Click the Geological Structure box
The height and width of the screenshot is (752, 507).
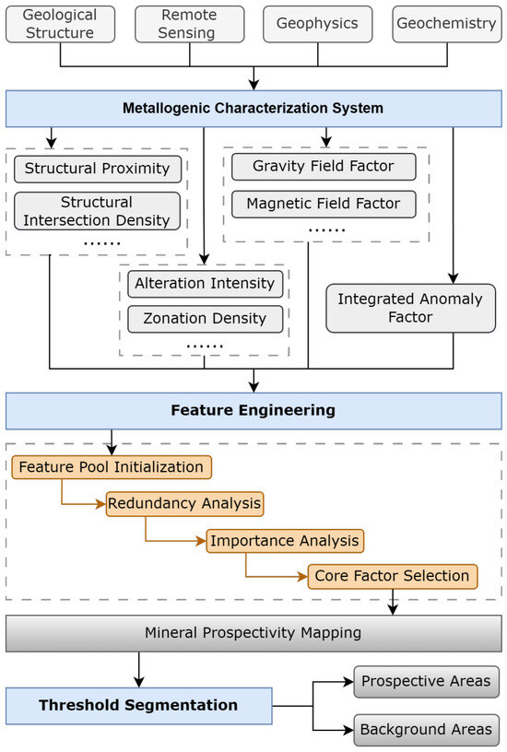pyautogui.click(x=60, y=24)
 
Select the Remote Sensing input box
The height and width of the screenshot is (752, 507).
pyautogui.click(x=190, y=24)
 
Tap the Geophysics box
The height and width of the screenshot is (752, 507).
pyautogui.click(x=317, y=24)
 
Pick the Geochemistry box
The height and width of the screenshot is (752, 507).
pyautogui.click(x=447, y=24)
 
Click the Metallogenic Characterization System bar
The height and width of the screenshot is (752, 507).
pyautogui.click(x=253, y=109)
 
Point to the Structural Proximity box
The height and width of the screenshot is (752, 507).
pyautogui.click(x=98, y=169)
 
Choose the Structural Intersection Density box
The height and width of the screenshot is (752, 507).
pyautogui.click(x=97, y=211)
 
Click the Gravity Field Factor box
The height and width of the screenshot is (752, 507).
pyautogui.click(x=324, y=167)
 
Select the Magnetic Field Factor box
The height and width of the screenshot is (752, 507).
pyautogui.click(x=324, y=204)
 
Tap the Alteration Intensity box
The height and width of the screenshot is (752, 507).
pyautogui.click(x=206, y=284)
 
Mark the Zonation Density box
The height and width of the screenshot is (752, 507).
pyautogui.click(x=206, y=319)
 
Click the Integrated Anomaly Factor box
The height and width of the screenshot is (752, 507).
pyautogui.click(x=410, y=308)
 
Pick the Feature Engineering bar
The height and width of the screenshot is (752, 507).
pyautogui.click(x=253, y=410)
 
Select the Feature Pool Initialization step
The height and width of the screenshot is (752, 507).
pyautogui.click(x=112, y=467)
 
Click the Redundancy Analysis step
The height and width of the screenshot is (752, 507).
pyautogui.click(x=184, y=503)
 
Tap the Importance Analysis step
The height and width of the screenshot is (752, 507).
pyautogui.click(x=285, y=541)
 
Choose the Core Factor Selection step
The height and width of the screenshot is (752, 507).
pyautogui.click(x=393, y=576)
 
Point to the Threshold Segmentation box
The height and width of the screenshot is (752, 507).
pyautogui.click(x=138, y=706)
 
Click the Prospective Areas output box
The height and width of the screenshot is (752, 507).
pyautogui.click(x=427, y=682)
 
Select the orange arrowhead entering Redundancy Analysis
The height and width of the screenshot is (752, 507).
pyautogui.click(x=101, y=503)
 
